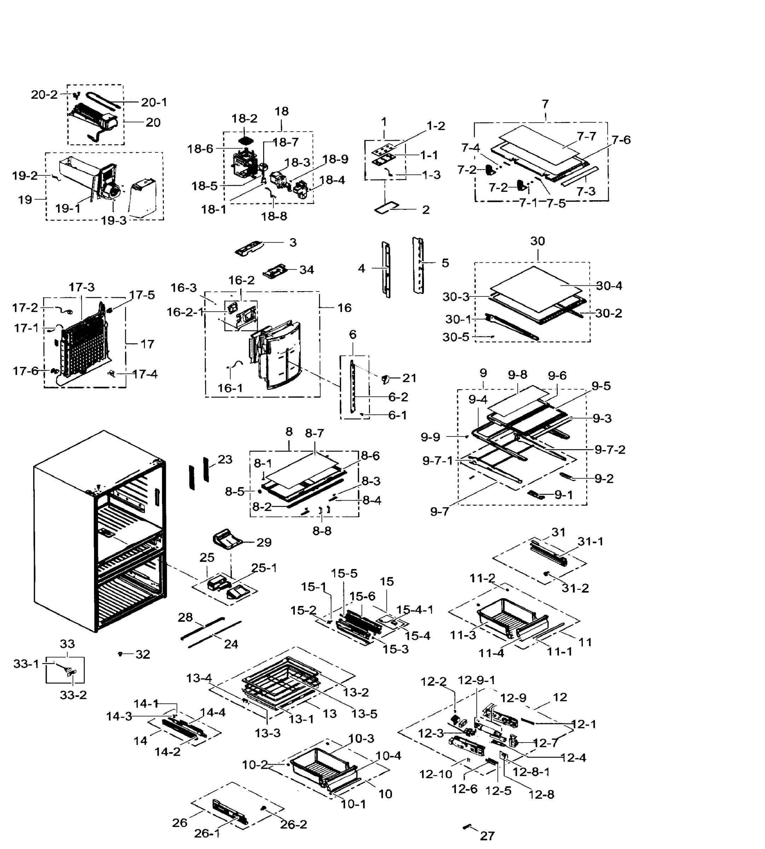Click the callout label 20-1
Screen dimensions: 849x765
(153, 102)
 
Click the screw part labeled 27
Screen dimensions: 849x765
(466, 826)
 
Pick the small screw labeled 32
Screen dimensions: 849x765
(121, 654)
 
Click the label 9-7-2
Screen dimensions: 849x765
(609, 450)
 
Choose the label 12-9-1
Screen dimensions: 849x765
(476, 680)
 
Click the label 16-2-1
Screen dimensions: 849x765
(185, 312)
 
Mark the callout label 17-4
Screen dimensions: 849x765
(145, 374)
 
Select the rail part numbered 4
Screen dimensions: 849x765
(386, 269)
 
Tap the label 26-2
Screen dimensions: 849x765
(294, 824)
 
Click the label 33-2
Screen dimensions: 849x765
(73, 695)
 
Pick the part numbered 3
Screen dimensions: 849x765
(249, 248)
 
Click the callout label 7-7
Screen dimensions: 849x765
(586, 136)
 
